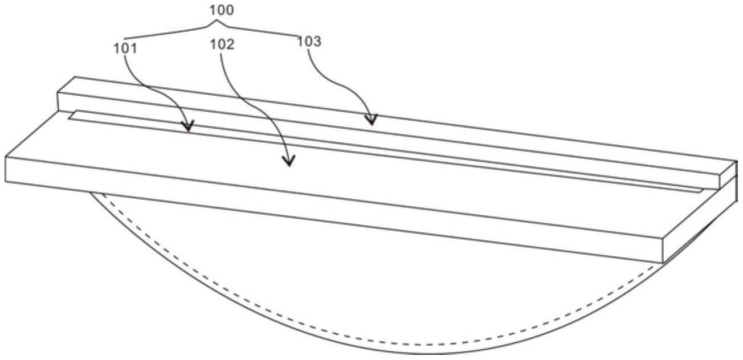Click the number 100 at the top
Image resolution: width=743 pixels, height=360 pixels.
[x=221, y=10]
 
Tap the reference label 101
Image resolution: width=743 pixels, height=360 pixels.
[x=125, y=49]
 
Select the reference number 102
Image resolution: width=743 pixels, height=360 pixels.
[x=222, y=44]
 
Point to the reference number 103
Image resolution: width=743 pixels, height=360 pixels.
[x=309, y=42]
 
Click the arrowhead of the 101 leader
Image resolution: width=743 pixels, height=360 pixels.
[x=187, y=126]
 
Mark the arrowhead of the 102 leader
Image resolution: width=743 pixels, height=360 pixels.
[x=288, y=161]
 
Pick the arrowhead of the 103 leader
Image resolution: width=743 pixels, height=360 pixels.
[x=371, y=120]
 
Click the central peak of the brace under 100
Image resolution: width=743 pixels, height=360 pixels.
[x=217, y=21]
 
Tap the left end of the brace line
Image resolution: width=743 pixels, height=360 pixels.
[x=125, y=39]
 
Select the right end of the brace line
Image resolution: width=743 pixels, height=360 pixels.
[x=298, y=35]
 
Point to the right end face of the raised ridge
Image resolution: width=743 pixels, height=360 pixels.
[x=728, y=175]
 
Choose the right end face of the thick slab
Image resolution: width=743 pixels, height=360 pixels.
[x=700, y=219]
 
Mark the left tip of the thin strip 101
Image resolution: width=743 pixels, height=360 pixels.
[x=69, y=118]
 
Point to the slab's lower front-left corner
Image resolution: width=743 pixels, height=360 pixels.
[x=5, y=181]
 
